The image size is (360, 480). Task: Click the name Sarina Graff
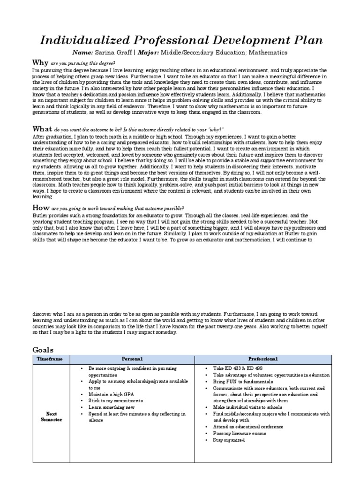pos(115,53)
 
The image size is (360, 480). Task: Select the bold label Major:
pos(147,53)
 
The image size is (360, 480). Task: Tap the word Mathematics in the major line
pos(265,53)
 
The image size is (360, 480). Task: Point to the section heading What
pos(41,129)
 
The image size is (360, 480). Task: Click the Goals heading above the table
pos(43,350)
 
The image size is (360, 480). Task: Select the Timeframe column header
pos(49,359)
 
